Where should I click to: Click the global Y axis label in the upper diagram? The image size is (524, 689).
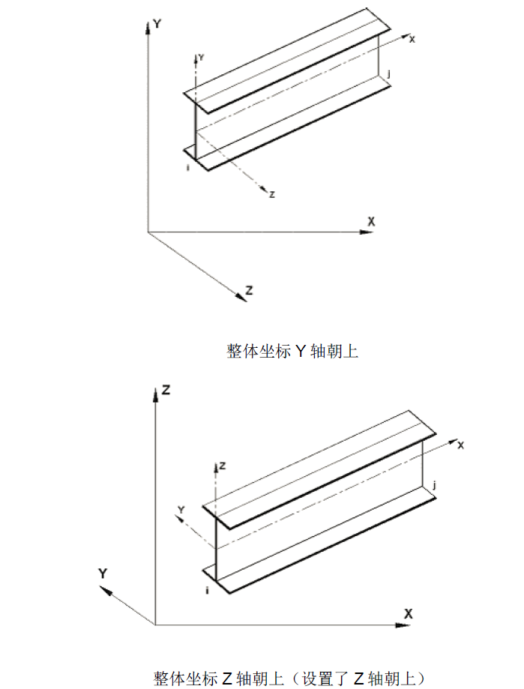pos(157,23)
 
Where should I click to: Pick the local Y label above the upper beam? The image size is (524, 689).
pos(202,57)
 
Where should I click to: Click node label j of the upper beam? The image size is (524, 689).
pos(390,73)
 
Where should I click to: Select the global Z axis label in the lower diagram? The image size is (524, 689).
pos(167,389)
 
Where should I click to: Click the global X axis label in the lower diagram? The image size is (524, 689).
pos(409,613)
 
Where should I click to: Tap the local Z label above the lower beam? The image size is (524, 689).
pos(223,466)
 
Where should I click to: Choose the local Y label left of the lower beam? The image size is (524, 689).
pos(180,510)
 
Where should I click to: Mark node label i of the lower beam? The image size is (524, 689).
pos(207,591)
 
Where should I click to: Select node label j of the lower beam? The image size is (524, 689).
pos(435,486)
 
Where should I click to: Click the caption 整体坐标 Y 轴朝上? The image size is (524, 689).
pos(292,351)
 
